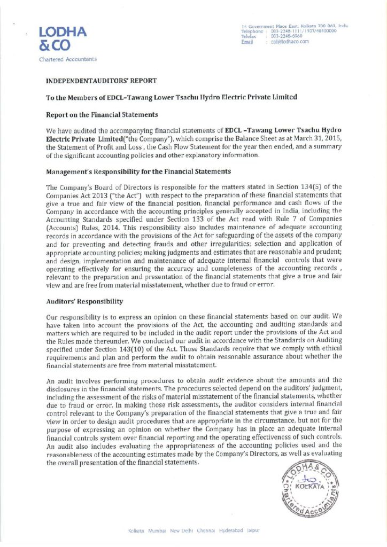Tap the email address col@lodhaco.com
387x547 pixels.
coord(290,42)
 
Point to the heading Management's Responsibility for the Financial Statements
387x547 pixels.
coord(138,171)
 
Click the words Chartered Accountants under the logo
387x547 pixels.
coord(68,59)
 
